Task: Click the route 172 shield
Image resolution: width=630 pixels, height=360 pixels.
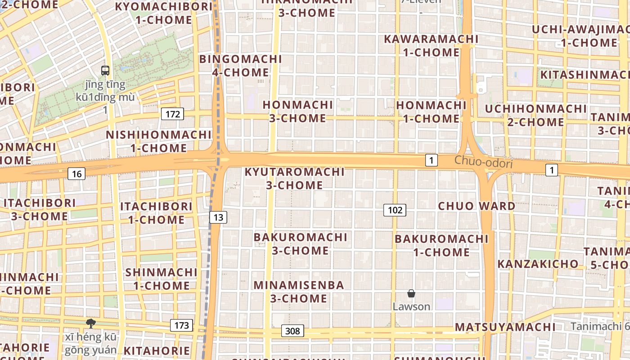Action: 173,114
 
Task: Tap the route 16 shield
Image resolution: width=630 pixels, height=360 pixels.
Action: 77,173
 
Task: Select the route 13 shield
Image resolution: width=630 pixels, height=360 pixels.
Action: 218,217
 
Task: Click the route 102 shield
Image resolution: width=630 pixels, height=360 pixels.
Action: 395,210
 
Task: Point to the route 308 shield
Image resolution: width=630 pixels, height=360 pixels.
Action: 292,331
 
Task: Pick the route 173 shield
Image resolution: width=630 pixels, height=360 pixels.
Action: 181,325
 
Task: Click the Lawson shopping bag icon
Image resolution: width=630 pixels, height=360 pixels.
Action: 411,293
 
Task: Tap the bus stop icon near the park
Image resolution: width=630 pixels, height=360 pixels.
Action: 105,70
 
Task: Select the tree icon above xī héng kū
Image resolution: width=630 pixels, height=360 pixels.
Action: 90,323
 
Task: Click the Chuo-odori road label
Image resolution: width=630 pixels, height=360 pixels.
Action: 483,162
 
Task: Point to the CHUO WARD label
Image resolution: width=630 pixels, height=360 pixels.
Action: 477,206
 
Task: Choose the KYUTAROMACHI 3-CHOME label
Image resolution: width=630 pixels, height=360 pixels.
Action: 294,178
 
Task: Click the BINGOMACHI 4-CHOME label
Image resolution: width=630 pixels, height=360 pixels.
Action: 240,66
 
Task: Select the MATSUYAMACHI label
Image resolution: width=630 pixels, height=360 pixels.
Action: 505,327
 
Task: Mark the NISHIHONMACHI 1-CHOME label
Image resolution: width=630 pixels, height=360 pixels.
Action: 158,141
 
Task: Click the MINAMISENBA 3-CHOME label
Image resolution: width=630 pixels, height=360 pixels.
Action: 299,292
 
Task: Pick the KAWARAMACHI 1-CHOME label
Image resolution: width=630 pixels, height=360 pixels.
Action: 431,45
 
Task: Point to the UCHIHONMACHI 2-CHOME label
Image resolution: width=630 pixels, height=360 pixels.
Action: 535,115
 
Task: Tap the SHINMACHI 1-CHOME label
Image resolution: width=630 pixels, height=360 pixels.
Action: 161,279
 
